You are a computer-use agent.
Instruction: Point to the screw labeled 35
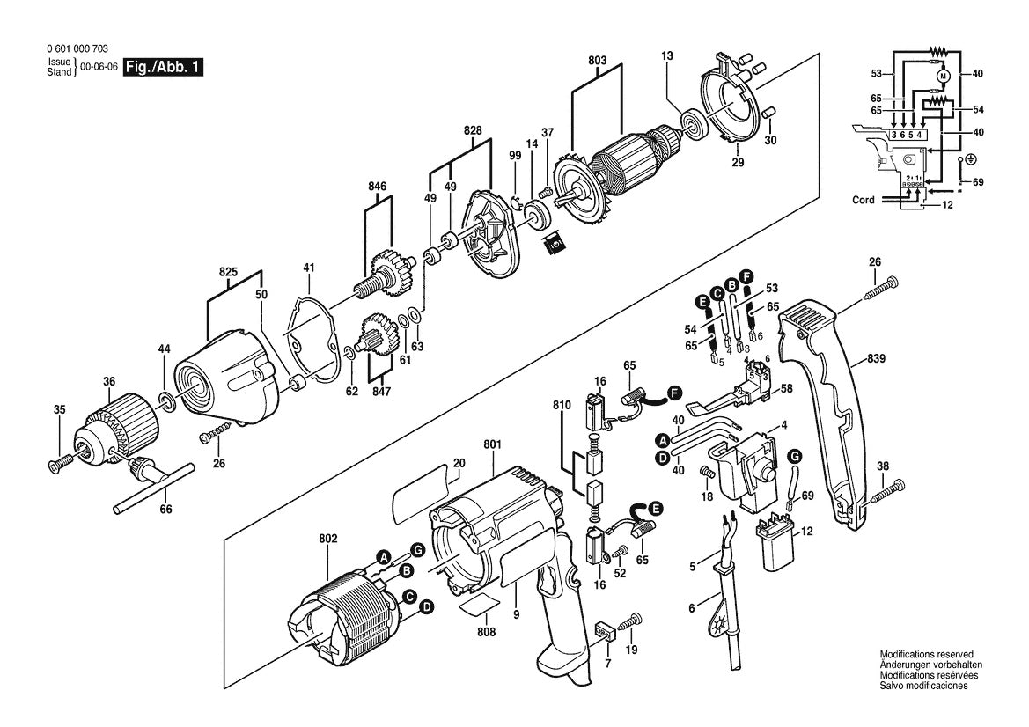pyautogui.click(x=59, y=460)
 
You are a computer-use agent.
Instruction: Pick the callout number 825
pyautogui.click(x=228, y=274)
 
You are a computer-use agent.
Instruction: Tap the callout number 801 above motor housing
pyautogui.click(x=492, y=445)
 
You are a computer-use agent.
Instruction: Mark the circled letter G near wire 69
pyautogui.click(x=793, y=456)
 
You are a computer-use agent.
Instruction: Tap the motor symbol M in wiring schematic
pyautogui.click(x=942, y=77)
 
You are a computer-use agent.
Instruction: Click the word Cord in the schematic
pyautogui.click(x=864, y=200)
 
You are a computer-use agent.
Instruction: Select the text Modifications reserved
pyautogui.click(x=926, y=655)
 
